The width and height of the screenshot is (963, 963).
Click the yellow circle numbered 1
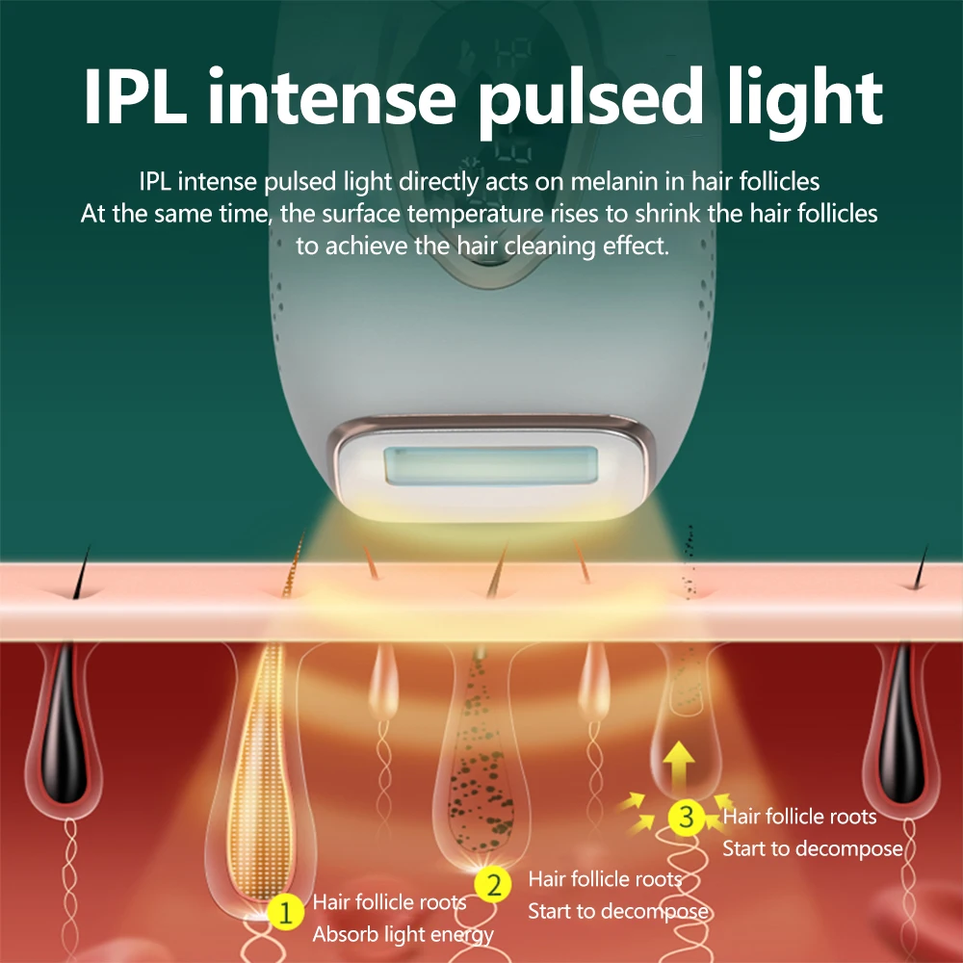[x=283, y=911]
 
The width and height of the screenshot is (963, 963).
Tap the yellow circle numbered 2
[x=494, y=885]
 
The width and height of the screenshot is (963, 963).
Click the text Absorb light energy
[x=403, y=934]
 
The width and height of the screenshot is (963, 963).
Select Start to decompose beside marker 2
[x=618, y=911]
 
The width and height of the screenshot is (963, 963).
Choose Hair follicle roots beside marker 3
[x=799, y=817]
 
